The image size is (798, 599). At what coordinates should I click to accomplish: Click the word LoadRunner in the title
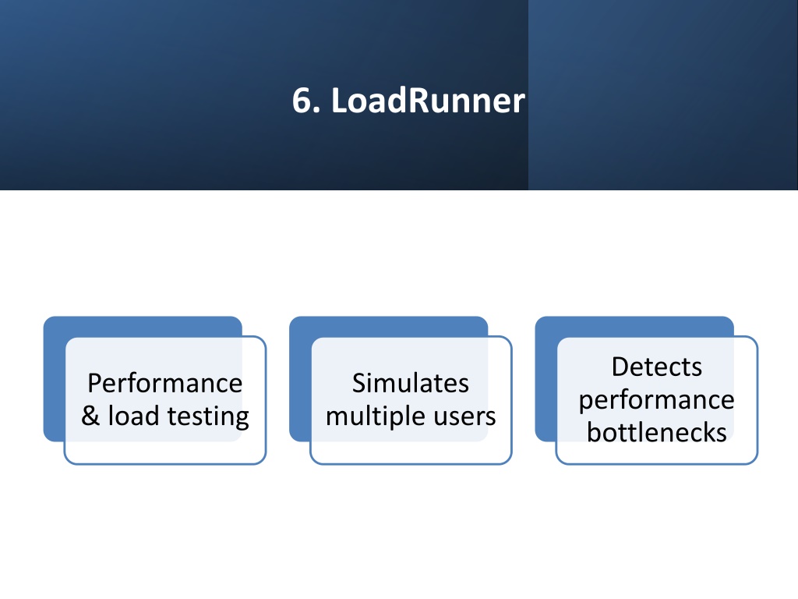(x=428, y=101)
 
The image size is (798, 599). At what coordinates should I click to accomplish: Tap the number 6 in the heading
(x=303, y=101)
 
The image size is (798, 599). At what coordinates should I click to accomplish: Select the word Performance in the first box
(x=165, y=383)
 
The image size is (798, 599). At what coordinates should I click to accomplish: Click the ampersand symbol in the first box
(x=90, y=415)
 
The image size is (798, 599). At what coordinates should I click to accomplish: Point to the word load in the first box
(x=134, y=415)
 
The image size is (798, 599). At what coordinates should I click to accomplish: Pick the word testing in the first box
(x=208, y=416)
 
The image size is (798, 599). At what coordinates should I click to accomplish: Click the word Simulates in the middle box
(x=410, y=383)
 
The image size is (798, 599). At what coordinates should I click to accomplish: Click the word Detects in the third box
(x=656, y=367)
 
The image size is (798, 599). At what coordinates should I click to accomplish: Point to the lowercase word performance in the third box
(x=656, y=400)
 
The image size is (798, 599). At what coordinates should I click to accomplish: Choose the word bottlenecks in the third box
(x=656, y=432)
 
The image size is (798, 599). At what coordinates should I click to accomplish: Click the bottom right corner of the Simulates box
(x=511, y=464)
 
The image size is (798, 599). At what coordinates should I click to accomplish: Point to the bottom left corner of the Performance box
(x=65, y=464)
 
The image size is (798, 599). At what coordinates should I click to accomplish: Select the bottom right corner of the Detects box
(x=757, y=464)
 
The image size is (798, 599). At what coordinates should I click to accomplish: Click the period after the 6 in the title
(x=318, y=110)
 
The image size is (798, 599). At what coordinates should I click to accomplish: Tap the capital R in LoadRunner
(x=418, y=101)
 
